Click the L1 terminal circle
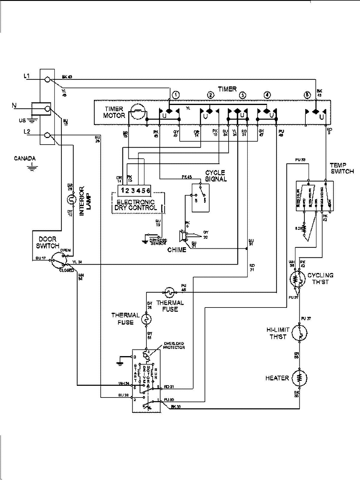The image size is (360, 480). pos(47,80)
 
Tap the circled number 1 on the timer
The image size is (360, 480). pos(176,95)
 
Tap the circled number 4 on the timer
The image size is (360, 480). pos(267,95)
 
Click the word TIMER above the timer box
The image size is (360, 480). pos(227,89)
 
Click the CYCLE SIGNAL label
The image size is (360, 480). pos(216,176)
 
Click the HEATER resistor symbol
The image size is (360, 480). pos(299,378)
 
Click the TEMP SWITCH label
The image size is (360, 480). pos(342,168)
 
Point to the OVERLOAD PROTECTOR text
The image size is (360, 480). pos(174,345)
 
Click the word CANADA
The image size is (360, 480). pos(25,158)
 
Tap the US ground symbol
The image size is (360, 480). pos(30,121)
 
